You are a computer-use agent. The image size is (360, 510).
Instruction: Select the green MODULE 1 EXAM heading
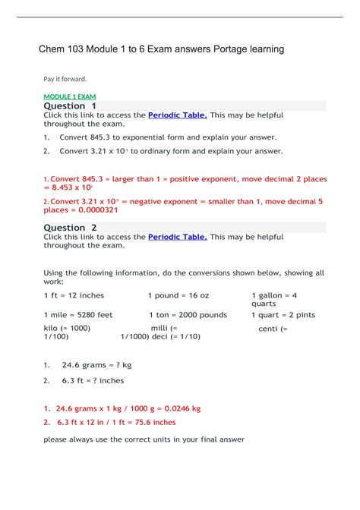click(74, 96)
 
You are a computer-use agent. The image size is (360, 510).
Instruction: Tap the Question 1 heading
click(70, 106)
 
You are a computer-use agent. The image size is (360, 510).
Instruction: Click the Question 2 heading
click(70, 228)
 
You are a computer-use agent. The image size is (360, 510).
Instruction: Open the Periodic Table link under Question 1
click(177, 115)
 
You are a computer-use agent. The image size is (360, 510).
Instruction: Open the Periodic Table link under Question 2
click(177, 237)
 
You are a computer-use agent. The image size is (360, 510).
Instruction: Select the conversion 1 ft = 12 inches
click(74, 295)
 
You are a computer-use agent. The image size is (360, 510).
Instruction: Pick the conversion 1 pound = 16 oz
click(178, 295)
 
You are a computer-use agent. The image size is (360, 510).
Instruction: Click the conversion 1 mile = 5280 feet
click(78, 314)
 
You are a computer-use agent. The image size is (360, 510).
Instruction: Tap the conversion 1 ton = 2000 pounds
click(187, 314)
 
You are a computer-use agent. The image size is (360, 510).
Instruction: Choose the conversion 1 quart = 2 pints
click(283, 314)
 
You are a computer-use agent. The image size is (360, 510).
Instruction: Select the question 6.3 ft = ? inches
click(92, 380)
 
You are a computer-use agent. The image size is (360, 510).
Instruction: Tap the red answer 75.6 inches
click(153, 422)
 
